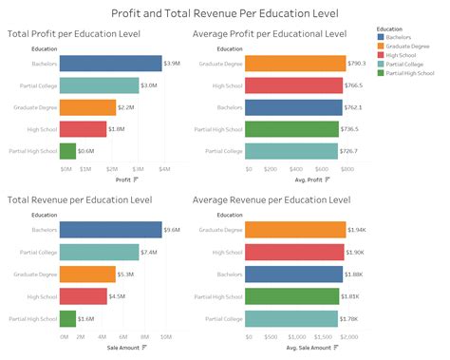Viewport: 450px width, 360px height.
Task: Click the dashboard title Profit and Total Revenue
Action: [x=225, y=13]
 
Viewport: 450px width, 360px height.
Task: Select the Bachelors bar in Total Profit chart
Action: [x=110, y=64]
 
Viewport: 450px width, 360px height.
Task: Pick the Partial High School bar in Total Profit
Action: [x=67, y=150]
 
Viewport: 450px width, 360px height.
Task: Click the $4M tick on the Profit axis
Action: [x=163, y=169]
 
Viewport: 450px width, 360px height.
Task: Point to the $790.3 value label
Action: [x=358, y=64]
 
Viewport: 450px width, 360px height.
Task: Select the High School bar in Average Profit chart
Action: [x=294, y=85]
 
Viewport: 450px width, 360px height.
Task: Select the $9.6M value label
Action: [x=172, y=231]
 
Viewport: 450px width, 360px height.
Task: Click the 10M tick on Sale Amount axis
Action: [x=165, y=336]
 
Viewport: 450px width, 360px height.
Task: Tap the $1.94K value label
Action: [x=358, y=231]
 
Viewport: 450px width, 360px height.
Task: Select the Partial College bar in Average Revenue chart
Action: [x=292, y=318]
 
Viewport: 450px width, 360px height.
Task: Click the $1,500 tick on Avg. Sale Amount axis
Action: [x=323, y=336]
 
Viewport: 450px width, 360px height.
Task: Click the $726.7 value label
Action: [x=351, y=150]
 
